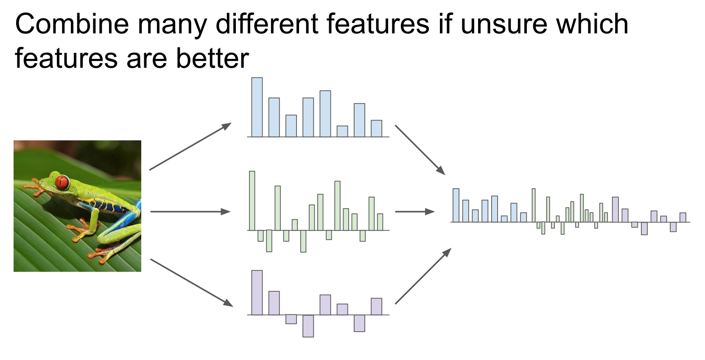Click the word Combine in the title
tap(72, 24)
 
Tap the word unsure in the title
tap(504, 24)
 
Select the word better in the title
tap(213, 58)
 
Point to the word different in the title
tap(266, 24)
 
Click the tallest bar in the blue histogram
tap(257, 107)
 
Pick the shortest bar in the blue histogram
tap(342, 131)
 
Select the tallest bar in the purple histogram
tap(257, 293)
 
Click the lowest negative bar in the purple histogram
tap(308, 326)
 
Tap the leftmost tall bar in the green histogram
tap(252, 201)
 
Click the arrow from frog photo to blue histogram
tap(190, 146)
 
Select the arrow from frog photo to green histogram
tap(190, 212)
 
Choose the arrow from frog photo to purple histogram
tap(192, 282)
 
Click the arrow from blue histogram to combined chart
tap(420, 150)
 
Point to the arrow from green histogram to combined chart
tap(415, 212)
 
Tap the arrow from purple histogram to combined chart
tap(423, 276)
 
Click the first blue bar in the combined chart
tap(456, 206)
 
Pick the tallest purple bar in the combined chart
tap(615, 210)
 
